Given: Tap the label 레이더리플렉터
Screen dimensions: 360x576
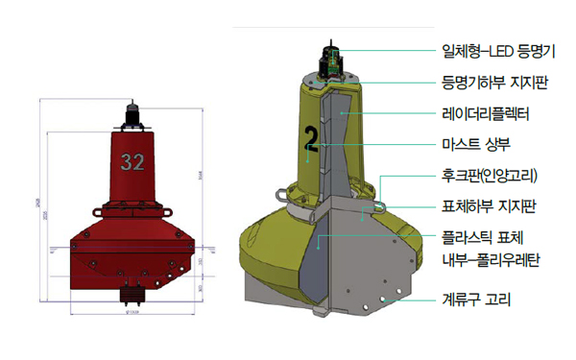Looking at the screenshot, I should (x=485, y=114).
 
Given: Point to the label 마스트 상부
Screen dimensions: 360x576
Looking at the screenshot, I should (x=475, y=146).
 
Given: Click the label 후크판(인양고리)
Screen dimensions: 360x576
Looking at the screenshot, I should (x=490, y=177).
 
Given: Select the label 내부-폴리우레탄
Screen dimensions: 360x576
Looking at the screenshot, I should (x=489, y=258).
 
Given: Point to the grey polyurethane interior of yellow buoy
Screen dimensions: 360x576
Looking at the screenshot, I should (x=317, y=259).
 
